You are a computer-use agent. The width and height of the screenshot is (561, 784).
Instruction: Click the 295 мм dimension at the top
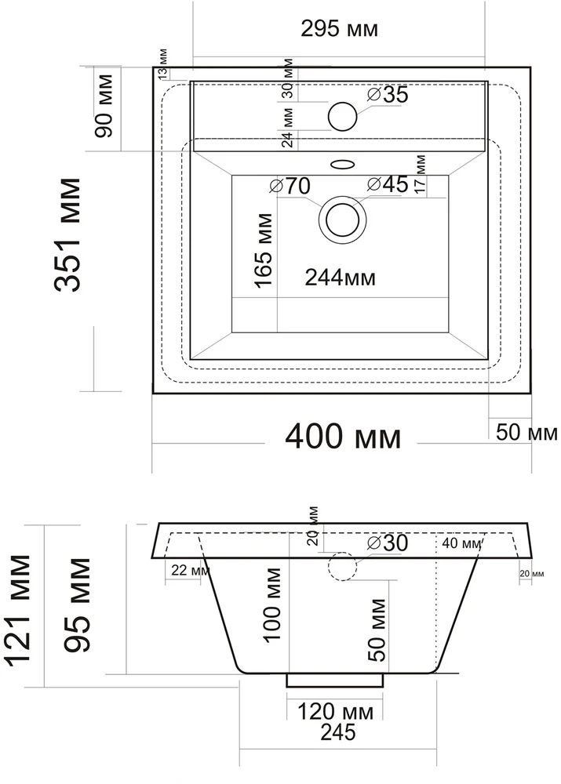coord(339,30)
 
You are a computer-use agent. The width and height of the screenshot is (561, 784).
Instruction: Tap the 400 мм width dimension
coord(342,437)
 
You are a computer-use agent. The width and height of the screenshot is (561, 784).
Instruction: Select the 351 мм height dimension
coord(68,235)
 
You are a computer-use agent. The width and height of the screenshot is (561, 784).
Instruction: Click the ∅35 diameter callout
coord(388,95)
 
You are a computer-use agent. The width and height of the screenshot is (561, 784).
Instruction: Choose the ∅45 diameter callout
coord(388,185)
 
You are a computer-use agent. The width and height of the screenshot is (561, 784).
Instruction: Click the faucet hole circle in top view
coord(343,116)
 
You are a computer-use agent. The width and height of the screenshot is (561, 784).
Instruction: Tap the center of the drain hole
coord(342,219)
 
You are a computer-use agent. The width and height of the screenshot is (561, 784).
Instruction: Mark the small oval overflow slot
coord(343,165)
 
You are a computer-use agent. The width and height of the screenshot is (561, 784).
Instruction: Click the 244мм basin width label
coord(340,278)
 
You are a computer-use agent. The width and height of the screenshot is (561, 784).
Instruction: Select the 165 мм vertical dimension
coord(264,250)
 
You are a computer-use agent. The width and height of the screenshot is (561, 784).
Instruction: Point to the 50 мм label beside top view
coord(526,433)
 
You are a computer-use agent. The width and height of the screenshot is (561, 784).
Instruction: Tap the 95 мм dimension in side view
coord(78,605)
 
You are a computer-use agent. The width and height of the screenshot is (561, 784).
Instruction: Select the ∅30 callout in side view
coord(388,543)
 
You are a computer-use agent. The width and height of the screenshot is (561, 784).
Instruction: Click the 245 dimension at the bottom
coord(337,733)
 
